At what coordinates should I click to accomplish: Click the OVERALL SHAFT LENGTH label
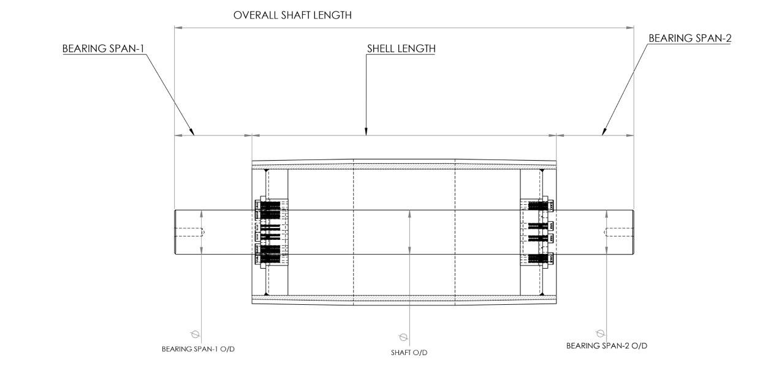tap(292, 15)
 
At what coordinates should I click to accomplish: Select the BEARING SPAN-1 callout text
tap(104, 48)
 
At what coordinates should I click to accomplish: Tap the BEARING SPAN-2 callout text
tap(690, 38)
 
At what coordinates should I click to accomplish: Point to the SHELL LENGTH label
tap(401, 48)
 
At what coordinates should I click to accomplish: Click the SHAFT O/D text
tap(409, 353)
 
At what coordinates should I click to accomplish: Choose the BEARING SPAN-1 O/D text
tap(198, 349)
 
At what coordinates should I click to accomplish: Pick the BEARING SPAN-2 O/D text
tap(607, 345)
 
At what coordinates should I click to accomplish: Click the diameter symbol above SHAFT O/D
tap(403, 337)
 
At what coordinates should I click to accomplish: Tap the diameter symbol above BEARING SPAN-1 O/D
tap(195, 334)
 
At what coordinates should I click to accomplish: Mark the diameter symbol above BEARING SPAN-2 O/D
tap(600, 333)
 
